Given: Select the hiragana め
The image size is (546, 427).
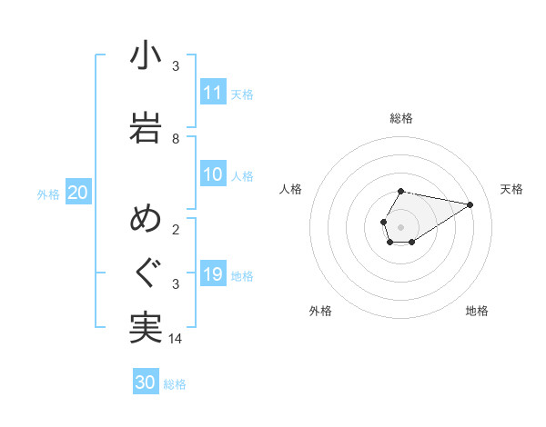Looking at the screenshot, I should (146, 219).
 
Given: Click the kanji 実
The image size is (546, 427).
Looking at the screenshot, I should (146, 327).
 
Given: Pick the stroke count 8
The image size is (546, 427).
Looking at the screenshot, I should (176, 139).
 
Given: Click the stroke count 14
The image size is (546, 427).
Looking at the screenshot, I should (176, 339).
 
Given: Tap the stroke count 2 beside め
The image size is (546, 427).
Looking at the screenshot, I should (176, 230).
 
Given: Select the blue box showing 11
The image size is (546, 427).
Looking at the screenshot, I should (213, 93).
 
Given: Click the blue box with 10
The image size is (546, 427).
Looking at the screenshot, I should (213, 174).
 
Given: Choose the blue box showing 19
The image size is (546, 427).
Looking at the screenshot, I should (213, 274).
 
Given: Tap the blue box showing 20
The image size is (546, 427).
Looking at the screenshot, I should (78, 193).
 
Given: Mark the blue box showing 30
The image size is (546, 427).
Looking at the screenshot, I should (146, 382).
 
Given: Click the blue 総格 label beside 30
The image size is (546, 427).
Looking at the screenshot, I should (175, 384).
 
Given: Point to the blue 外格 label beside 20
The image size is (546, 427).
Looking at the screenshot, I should (48, 194).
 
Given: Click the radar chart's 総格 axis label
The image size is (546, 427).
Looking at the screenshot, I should (401, 118).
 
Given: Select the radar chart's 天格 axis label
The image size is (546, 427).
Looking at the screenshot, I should (512, 189).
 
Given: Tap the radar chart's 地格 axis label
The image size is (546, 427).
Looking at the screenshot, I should (477, 311).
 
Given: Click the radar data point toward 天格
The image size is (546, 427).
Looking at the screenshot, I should (470, 204).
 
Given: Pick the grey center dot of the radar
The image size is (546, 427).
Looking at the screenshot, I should (401, 226).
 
